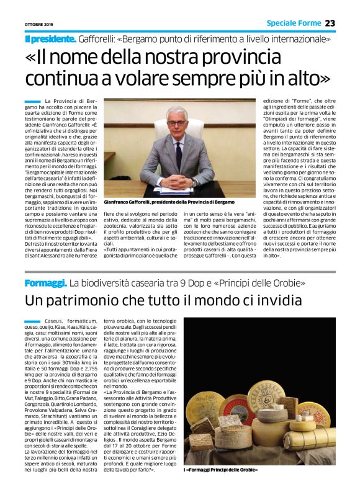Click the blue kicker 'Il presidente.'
pyautogui.click(x=51, y=39)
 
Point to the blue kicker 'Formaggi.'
pyautogui.click(x=45, y=283)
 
